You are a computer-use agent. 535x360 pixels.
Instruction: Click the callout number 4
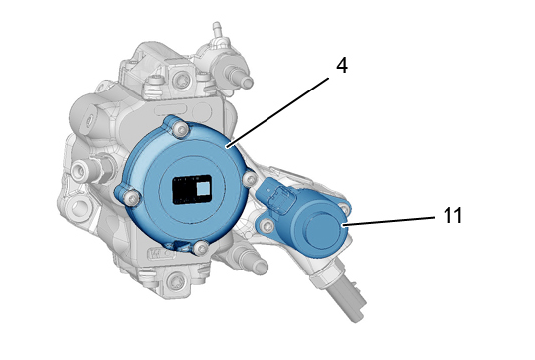coord(341,65)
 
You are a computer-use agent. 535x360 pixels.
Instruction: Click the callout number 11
coord(452,215)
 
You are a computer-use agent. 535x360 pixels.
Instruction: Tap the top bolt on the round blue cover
coord(180,129)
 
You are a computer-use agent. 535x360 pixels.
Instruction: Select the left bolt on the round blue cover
coord(131,197)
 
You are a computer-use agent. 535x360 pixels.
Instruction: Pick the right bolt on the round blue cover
coord(250,178)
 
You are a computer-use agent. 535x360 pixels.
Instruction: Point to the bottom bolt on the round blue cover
coord(201,247)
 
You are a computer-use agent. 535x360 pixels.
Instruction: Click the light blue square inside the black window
coord(204,188)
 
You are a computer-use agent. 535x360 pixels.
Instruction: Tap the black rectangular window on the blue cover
coord(192,189)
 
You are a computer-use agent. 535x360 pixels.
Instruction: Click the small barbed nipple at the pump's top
coord(217,30)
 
